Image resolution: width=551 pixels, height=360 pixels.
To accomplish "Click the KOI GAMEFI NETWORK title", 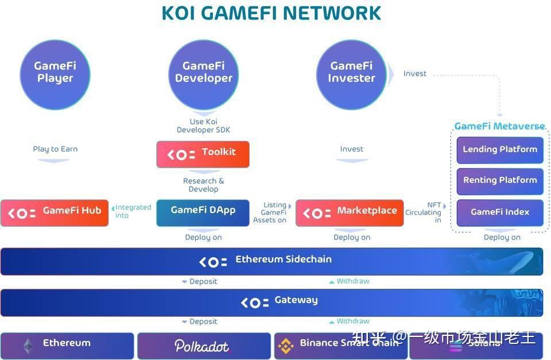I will [x=271, y=13].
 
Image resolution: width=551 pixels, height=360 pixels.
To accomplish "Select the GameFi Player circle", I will [x=55, y=73].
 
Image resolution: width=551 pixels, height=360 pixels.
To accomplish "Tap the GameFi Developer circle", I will [x=203, y=73].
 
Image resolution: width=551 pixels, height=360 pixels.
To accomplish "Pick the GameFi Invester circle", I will [x=351, y=73].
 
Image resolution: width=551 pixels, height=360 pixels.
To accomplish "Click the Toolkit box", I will [x=203, y=154].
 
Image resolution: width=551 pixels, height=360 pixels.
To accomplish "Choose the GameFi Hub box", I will [x=55, y=212].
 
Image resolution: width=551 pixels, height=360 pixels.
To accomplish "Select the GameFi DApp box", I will [x=203, y=212].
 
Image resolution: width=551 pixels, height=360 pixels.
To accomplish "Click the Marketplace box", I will [x=350, y=212].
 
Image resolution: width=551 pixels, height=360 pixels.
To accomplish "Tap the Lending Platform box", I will [x=500, y=150].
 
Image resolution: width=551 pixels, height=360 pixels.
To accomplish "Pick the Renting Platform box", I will [x=500, y=181].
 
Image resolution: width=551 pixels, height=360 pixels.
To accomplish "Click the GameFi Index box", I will [x=500, y=212].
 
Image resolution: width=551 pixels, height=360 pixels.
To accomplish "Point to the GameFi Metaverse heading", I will [x=499, y=126].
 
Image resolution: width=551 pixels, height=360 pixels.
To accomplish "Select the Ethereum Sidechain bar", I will [x=271, y=261].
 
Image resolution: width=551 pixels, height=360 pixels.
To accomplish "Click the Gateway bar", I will [x=271, y=301].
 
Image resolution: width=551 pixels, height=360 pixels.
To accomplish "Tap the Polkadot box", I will [x=203, y=346].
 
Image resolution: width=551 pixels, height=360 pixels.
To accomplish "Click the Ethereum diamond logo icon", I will [x=28, y=346].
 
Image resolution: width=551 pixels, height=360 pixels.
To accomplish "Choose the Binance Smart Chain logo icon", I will [x=286, y=346].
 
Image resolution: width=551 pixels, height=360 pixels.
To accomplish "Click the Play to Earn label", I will [x=55, y=149].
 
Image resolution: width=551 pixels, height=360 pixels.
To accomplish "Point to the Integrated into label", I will [x=133, y=211].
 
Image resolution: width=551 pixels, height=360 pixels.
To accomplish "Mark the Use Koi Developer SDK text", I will [x=203, y=126].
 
